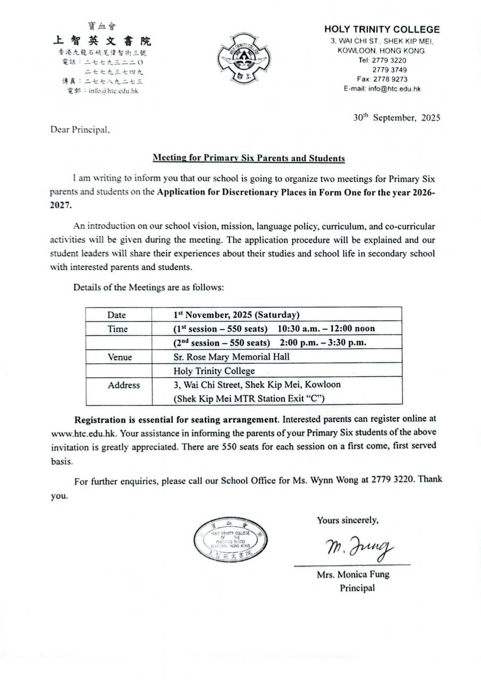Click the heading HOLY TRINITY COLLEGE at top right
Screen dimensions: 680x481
pos(382,30)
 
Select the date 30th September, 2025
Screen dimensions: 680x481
pos(396,118)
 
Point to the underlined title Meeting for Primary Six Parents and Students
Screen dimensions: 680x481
pos(249,158)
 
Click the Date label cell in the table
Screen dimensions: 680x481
pos(117,315)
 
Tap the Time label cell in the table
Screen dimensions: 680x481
pos(117,329)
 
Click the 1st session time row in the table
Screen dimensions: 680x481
pos(274,329)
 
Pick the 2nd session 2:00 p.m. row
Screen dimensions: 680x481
pos(269,343)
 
